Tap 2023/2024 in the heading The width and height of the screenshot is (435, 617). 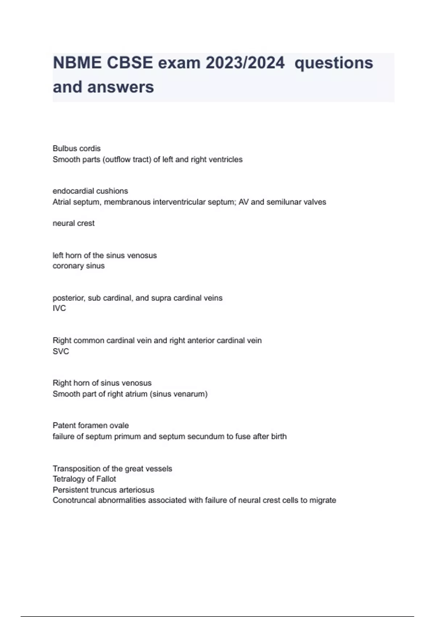click(x=245, y=63)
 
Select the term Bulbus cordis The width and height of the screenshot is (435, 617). click(x=76, y=148)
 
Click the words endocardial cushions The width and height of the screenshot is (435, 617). click(x=90, y=191)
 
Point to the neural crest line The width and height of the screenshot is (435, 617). click(x=74, y=223)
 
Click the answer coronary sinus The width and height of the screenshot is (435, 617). click(x=79, y=266)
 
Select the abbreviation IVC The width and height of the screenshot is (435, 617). click(x=59, y=308)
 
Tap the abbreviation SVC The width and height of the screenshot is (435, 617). click(x=61, y=351)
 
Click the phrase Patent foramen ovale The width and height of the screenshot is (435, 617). click(x=91, y=425)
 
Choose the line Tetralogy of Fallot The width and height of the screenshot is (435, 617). click(x=84, y=479)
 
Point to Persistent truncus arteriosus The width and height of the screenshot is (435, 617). click(x=103, y=490)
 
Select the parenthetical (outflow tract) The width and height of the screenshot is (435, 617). click(x=127, y=160)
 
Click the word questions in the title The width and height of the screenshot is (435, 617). click(x=333, y=63)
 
